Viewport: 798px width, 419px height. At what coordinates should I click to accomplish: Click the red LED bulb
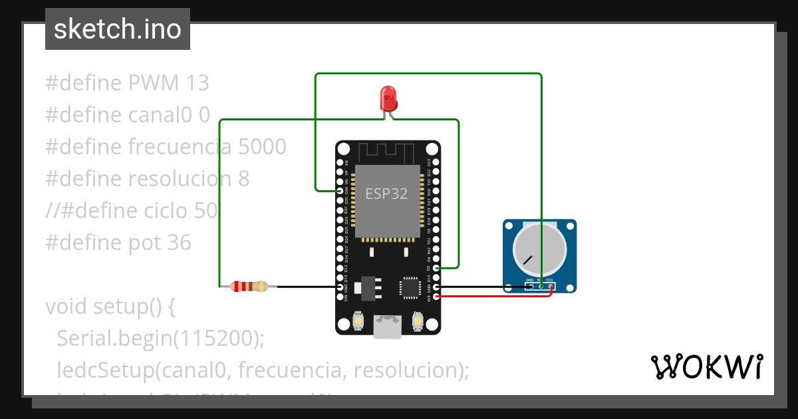pos(388,98)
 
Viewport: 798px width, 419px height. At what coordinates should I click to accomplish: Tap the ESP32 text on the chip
pos(386,194)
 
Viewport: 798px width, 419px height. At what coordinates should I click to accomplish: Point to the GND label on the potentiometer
pos(530,280)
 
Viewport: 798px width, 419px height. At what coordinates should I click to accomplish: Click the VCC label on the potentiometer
pos(550,280)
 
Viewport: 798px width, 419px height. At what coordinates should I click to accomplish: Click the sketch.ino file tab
pos(118,29)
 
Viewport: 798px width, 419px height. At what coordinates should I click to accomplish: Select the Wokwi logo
pos(706,366)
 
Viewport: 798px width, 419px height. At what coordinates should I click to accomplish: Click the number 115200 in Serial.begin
pos(215,338)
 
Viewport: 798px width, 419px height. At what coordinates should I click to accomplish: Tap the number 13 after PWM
pos(198,83)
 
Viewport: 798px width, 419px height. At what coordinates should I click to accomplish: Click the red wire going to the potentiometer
pos(492,297)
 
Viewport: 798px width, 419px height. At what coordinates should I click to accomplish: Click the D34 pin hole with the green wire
pos(340,191)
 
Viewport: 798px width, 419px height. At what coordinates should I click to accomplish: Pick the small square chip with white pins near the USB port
pos(408,287)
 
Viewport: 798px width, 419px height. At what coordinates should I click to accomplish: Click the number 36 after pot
pos(178,243)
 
